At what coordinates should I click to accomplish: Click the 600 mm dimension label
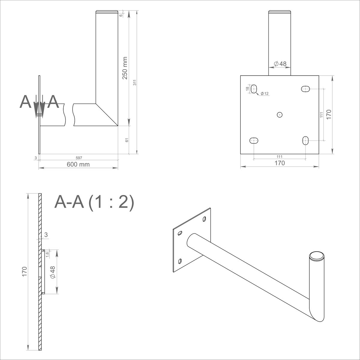click(x=78, y=164)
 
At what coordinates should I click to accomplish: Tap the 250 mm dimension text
click(x=125, y=68)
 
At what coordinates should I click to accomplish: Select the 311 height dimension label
click(x=135, y=82)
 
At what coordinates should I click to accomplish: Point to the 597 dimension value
click(x=79, y=158)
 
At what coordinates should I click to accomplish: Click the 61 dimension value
click(x=127, y=140)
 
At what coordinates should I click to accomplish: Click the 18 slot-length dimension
click(x=247, y=89)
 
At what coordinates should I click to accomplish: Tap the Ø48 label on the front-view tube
click(x=280, y=64)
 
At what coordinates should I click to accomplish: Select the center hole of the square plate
click(x=280, y=115)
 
